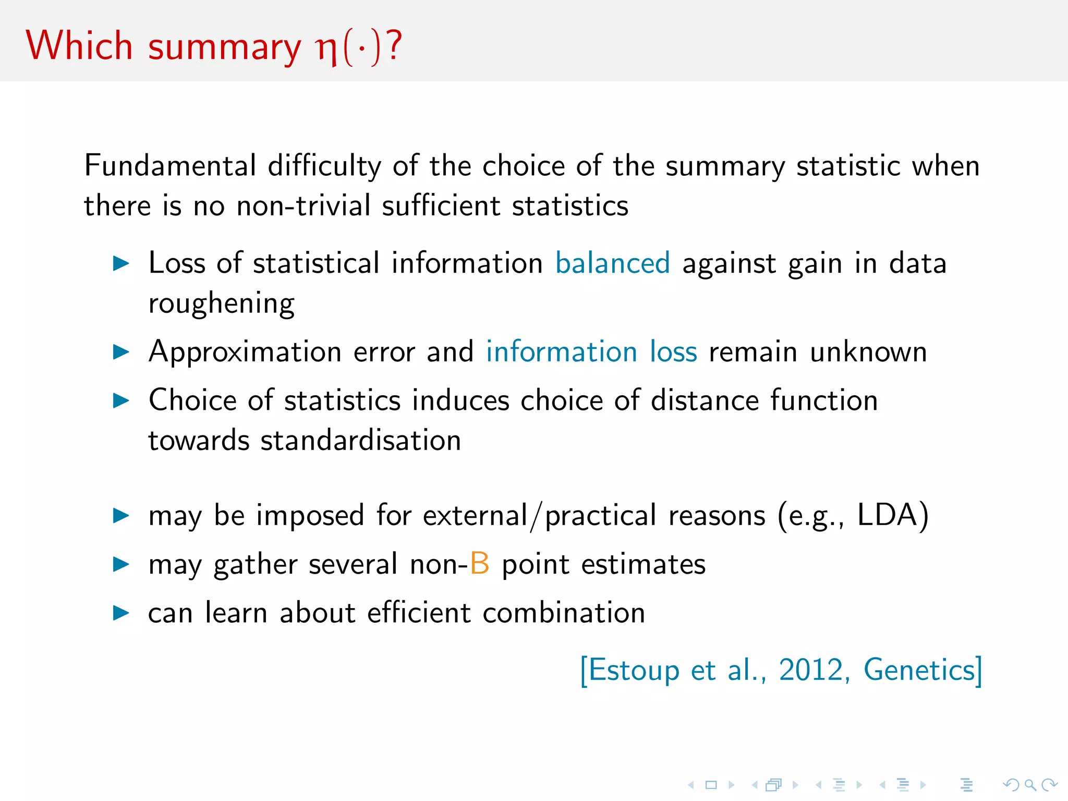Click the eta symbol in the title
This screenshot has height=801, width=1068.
327,49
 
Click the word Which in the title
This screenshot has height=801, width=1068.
79,46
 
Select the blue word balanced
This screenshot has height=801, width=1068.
612,263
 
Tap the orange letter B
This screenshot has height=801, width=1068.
479,564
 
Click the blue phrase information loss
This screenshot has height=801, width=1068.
591,351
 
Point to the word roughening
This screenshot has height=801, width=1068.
222,304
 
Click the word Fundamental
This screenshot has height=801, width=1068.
170,166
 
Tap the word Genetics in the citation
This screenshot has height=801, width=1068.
919,670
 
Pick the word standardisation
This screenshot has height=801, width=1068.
361,441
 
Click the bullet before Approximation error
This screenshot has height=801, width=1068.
121,352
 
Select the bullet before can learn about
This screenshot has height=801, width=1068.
121,613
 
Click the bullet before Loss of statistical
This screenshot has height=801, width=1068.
121,263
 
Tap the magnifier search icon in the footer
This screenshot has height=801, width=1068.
1030,785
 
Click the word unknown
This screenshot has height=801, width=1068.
868,352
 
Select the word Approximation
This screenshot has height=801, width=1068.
245,353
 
